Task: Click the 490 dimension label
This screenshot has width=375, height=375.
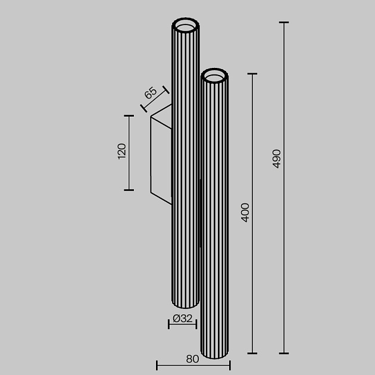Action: [x=276, y=158]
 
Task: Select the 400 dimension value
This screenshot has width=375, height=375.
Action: [x=245, y=212]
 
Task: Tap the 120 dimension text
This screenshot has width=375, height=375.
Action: [x=121, y=151]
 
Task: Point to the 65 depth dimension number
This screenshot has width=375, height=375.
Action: [x=150, y=93]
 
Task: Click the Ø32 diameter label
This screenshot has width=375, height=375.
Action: [x=182, y=318]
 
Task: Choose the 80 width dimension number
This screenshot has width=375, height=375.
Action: [x=192, y=359]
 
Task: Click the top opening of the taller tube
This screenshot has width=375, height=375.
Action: [x=185, y=25]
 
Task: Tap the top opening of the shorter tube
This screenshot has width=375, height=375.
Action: [x=214, y=76]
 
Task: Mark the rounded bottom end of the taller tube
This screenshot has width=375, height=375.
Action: [x=185, y=302]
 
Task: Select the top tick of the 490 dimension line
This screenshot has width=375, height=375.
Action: [x=283, y=23]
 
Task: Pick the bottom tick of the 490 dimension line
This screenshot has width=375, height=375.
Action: [x=283, y=354]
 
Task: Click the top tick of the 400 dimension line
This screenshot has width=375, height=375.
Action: [x=252, y=74]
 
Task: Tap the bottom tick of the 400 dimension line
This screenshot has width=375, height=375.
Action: [x=252, y=354]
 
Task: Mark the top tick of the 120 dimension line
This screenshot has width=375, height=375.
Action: [x=129, y=115]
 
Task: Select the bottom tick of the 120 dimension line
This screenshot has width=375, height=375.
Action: [x=129, y=190]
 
